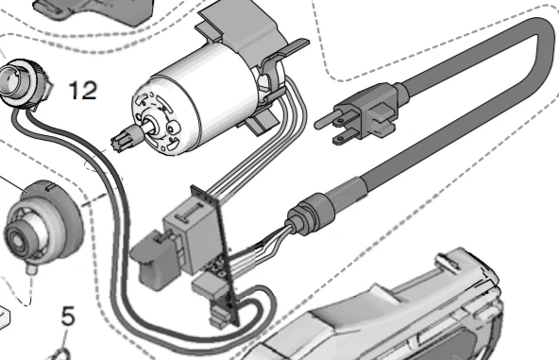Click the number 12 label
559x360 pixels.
[x=82, y=91]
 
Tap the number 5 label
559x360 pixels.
[x=68, y=316]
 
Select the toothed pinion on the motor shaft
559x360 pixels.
[x=123, y=144]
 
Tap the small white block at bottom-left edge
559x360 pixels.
[x=5, y=313]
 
